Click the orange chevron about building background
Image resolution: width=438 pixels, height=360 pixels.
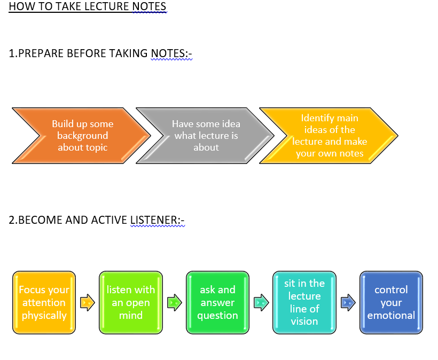pos(82,136)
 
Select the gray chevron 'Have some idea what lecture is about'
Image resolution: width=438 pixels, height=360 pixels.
pos(205,136)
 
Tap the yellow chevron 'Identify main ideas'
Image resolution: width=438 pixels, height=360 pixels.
pos(329,136)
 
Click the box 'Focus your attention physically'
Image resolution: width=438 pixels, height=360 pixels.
pos(44,302)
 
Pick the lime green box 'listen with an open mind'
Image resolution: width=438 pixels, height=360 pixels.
pos(131,302)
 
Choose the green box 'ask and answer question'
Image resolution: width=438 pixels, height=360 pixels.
pos(217,302)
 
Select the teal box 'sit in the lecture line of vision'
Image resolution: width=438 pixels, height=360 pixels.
pos(304,302)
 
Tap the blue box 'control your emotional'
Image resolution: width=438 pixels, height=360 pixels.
pos(391,302)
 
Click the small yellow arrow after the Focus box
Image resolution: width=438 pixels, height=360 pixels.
pos(88,302)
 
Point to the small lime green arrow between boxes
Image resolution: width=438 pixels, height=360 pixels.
pos(175,302)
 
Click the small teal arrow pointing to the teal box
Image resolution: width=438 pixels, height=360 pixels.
pos(261,302)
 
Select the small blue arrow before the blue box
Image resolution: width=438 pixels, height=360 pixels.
pos(348,302)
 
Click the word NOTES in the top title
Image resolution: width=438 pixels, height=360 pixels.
pos(149,6)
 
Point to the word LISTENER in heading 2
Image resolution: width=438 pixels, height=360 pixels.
pos(154,220)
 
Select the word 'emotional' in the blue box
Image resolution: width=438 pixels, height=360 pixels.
pos(391,315)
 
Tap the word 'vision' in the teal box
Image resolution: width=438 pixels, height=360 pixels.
pos(304,322)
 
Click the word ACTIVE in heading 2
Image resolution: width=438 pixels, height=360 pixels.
pos(109,220)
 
